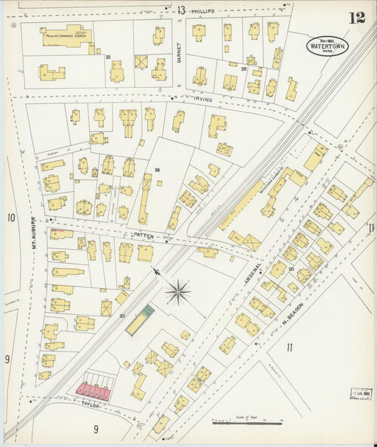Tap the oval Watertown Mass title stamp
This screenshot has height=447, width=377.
327,46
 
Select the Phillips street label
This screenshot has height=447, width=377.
202,11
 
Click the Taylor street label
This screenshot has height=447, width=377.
90,405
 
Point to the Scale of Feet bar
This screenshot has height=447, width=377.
247,422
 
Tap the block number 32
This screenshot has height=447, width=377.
108,57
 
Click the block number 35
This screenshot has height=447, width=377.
243,69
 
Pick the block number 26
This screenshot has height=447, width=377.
157,170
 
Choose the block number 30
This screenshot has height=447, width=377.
291,269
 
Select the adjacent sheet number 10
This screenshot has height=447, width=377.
11,218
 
